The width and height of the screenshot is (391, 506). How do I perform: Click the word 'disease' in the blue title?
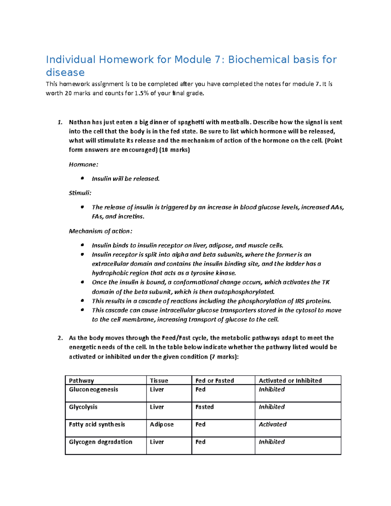point(65,72)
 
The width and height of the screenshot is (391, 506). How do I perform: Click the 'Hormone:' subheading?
point(83,165)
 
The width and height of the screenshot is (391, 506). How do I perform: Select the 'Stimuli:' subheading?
point(80,193)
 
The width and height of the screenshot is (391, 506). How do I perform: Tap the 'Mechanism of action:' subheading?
point(100,231)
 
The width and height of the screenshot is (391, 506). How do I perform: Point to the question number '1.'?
point(60,123)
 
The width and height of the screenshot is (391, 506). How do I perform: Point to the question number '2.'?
point(60,338)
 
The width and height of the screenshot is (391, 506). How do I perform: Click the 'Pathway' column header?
point(81,381)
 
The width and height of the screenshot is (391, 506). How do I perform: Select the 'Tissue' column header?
point(159,381)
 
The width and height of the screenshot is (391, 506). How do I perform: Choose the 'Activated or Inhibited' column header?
point(290,381)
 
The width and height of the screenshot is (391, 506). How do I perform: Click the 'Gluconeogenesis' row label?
point(94,389)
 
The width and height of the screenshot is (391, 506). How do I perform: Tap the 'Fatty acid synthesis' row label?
point(97,424)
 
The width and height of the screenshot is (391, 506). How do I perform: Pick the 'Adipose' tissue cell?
point(162,424)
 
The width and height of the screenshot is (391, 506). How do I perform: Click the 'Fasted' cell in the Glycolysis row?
point(204,407)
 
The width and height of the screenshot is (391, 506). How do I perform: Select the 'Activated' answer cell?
point(272,424)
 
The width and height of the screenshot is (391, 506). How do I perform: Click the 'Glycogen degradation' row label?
point(100,442)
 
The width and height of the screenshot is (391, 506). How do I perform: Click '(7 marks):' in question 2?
point(224,356)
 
